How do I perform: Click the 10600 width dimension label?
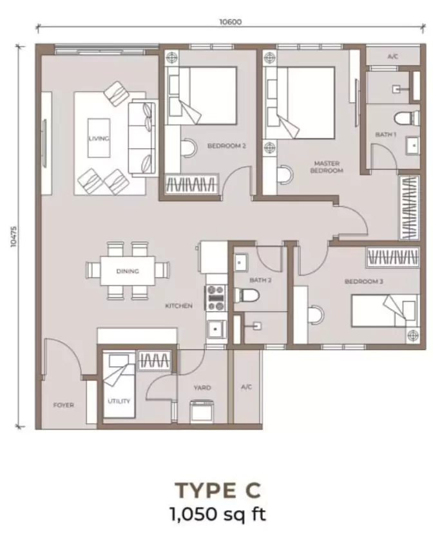pos(231,22)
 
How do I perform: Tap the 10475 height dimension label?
pos(14,236)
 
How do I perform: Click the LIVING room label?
pos(99,138)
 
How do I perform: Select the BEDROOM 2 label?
pos(227,146)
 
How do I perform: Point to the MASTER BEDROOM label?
pos(327,167)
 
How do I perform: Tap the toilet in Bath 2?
pos(246,296)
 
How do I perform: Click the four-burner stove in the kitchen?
pos(215,298)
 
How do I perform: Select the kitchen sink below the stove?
pos(216,329)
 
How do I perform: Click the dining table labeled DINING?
pos(128,271)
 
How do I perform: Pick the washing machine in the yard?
pos(202,412)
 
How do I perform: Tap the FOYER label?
pos(63,405)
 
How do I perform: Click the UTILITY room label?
pos(119,401)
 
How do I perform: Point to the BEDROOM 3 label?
pos(363,281)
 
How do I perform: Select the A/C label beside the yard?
pos(246,387)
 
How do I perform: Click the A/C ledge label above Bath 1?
pos(392,56)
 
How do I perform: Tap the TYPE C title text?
pos(218,490)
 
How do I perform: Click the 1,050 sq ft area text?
pos(218,513)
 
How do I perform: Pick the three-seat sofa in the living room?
pos(142,138)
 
